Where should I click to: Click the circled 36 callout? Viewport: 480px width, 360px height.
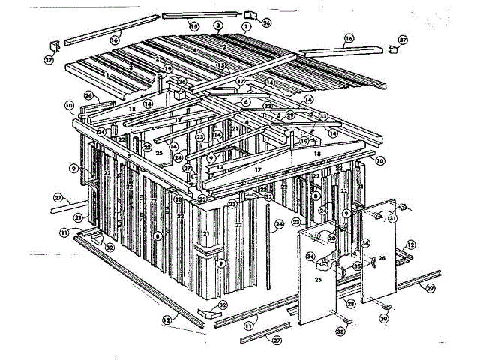pyautogui.click(x=267, y=22)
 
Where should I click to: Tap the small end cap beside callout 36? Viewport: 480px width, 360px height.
pyautogui.click(x=250, y=14)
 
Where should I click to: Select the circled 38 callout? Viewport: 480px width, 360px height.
pyautogui.click(x=340, y=331)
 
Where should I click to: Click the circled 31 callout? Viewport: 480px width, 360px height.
pyautogui.click(x=391, y=218)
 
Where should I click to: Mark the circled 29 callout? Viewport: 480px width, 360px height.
pyautogui.click(x=290, y=115)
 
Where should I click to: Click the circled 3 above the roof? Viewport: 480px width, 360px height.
pyautogui.click(x=217, y=25)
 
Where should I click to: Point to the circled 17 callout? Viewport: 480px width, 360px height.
pyautogui.click(x=241, y=81)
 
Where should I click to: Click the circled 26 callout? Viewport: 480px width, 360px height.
pyautogui.click(x=88, y=95)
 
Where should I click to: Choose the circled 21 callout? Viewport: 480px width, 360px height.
pyautogui.click(x=78, y=217)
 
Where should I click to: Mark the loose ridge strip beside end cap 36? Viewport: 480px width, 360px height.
pyautogui.click(x=202, y=14)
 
